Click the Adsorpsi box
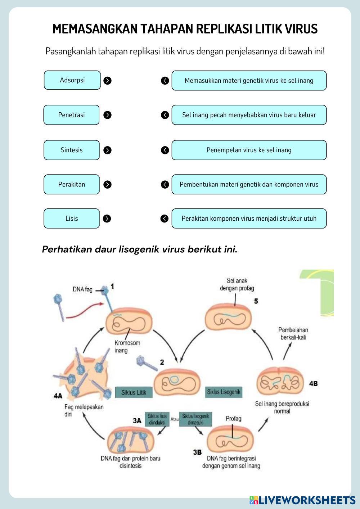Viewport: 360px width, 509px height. click(x=72, y=80)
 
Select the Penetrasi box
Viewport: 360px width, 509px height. click(x=71, y=115)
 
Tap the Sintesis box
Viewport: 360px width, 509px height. click(x=71, y=150)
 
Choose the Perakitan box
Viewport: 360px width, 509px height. click(x=71, y=184)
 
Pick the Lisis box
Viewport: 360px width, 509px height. click(x=71, y=219)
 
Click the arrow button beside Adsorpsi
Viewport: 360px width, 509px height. click(x=107, y=81)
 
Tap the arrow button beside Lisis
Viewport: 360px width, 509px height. click(x=107, y=219)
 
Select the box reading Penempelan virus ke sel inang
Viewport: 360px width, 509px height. click(x=249, y=150)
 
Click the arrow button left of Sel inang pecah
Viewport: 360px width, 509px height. click(x=165, y=115)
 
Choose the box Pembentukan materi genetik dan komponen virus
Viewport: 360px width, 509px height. click(x=249, y=184)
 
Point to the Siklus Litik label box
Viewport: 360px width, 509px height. click(x=134, y=392)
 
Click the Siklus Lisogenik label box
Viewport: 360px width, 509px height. click(x=224, y=392)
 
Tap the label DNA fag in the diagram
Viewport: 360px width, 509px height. click(x=82, y=289)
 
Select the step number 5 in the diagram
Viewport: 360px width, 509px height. click(x=256, y=301)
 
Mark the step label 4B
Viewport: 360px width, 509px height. click(x=313, y=384)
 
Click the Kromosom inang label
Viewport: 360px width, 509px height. click(x=127, y=347)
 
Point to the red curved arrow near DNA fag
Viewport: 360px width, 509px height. click(x=85, y=311)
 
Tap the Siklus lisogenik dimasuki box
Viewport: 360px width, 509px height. click(x=195, y=419)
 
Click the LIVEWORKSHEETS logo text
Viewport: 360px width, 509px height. click(x=306, y=500)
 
